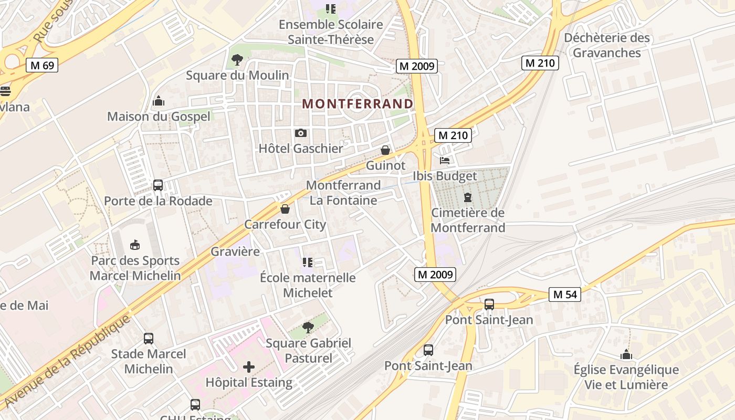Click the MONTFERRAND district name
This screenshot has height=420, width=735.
(x=358, y=103)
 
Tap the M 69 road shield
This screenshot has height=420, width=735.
(x=42, y=65)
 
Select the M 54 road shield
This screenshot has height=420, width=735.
(x=565, y=295)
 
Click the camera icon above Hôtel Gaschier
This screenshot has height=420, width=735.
(x=301, y=133)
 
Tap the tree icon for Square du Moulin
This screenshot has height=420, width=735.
(x=237, y=60)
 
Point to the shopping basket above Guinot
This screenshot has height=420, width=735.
(x=385, y=150)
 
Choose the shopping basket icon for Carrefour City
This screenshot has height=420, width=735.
(x=285, y=209)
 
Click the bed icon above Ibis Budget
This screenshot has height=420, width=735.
(x=445, y=161)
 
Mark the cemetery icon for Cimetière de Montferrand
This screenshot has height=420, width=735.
(x=467, y=197)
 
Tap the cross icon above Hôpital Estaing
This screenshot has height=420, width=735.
(x=249, y=367)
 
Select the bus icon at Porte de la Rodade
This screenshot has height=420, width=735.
(x=158, y=185)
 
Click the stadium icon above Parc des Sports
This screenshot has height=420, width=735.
(x=135, y=245)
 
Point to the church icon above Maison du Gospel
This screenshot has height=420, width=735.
(x=158, y=101)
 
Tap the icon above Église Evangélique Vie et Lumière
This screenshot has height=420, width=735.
(x=626, y=354)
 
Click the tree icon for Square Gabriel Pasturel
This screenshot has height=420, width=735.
(x=308, y=328)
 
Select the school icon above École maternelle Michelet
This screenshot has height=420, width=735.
(x=308, y=262)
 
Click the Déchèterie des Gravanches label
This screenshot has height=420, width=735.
(x=606, y=45)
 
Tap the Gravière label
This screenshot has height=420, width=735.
(x=235, y=251)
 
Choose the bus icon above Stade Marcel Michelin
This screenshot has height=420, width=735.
(x=149, y=339)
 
